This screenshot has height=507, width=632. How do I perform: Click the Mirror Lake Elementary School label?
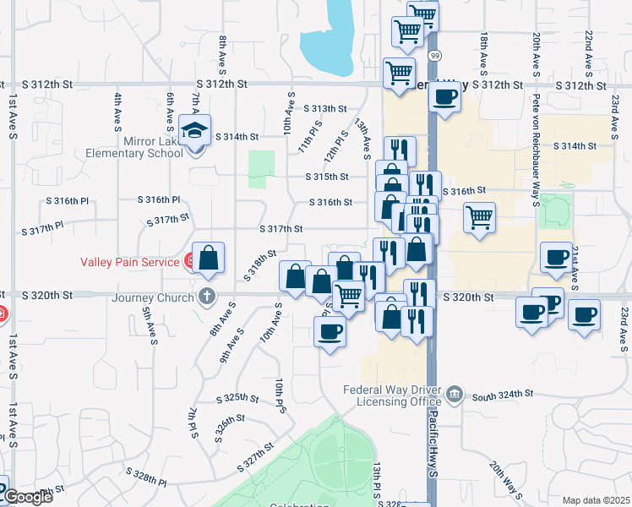point(133,148)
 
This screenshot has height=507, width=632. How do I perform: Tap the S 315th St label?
point(328,177)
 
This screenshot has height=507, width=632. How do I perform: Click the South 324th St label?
point(504,395)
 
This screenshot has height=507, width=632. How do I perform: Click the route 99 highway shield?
point(433,55)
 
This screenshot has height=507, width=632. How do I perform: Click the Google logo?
point(27,497)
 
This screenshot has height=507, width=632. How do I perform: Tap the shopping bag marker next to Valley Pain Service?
point(208,259)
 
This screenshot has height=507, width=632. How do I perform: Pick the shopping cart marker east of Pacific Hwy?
point(479,217)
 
